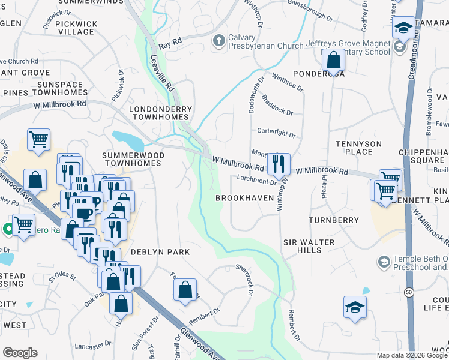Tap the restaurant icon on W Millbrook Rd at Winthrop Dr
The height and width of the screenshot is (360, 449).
(279, 163)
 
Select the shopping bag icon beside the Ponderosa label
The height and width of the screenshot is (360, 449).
(333, 60)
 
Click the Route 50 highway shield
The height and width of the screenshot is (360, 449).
(409, 292)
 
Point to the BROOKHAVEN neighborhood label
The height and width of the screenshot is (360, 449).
(245, 197)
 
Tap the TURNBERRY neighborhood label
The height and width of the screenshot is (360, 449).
(333, 220)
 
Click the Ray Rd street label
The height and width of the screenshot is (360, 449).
(170, 44)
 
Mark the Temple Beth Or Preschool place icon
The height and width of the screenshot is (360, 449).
(383, 262)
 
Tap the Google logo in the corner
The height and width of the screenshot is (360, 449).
(20, 353)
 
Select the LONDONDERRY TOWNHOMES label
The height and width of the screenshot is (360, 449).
(161, 113)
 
